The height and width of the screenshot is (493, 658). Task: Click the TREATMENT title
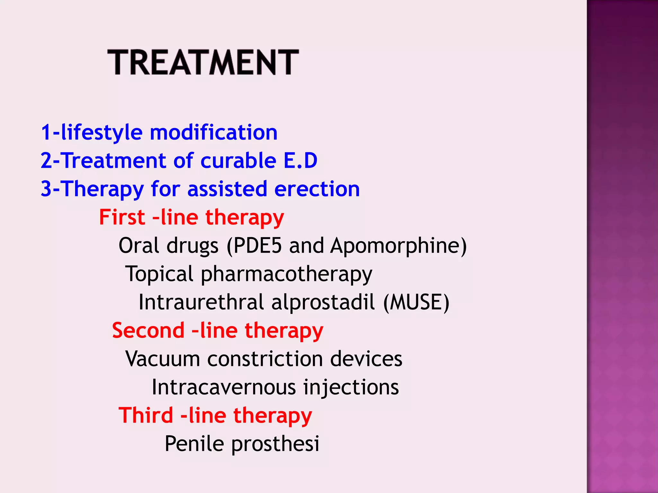(x=203, y=62)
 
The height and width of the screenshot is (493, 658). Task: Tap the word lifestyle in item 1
(x=102, y=132)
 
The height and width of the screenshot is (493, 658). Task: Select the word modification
(x=213, y=132)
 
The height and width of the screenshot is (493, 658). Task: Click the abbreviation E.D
(x=300, y=160)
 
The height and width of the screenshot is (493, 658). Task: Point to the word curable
(x=238, y=160)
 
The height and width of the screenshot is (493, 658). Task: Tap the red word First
(x=122, y=217)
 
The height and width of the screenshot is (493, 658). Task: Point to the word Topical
(x=159, y=274)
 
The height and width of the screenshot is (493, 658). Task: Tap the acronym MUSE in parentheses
(x=416, y=302)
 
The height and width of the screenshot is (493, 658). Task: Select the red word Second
(x=148, y=330)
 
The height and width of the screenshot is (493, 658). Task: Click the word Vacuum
(x=163, y=359)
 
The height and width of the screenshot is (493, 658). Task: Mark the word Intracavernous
(x=224, y=387)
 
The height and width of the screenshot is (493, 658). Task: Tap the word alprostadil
(x=323, y=302)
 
